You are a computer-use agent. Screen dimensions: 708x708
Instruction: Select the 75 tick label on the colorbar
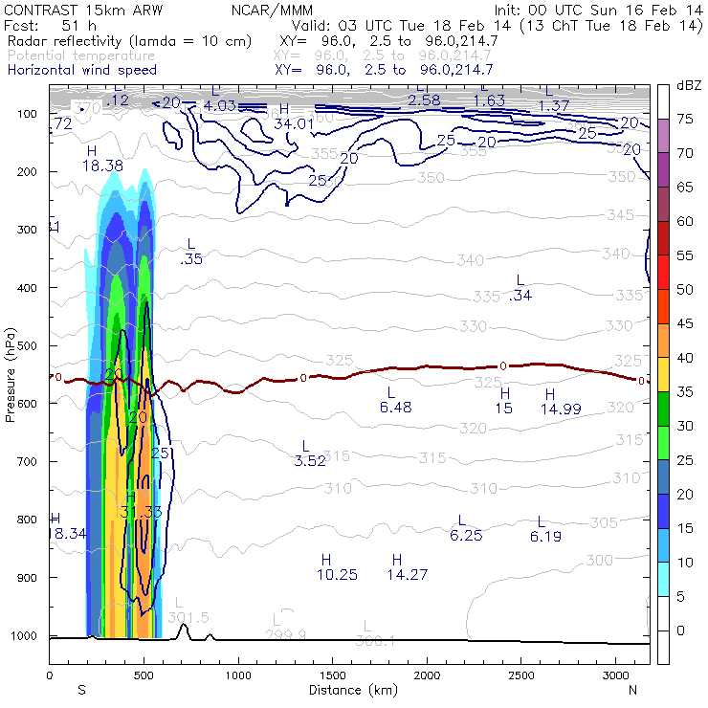pos(685,120)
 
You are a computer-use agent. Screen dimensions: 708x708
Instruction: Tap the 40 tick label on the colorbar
pos(685,357)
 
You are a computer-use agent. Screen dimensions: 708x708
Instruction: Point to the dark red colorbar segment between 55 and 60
pos(662,238)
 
